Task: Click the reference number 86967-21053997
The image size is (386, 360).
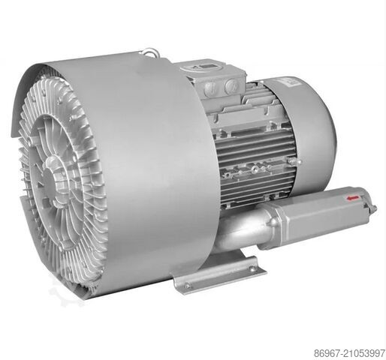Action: (x=349, y=353)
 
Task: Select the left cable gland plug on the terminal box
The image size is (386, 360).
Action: (x=210, y=88)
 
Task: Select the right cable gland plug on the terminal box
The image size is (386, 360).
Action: (x=232, y=86)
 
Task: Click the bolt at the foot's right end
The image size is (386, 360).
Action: (x=252, y=269)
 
